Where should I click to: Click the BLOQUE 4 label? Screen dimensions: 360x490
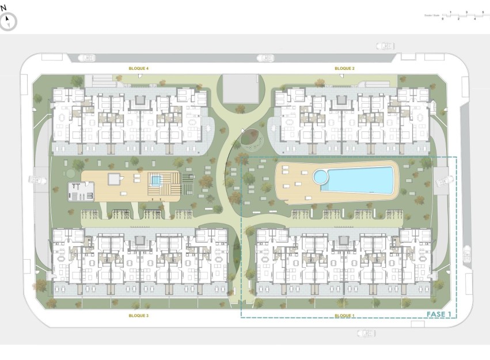(139, 69)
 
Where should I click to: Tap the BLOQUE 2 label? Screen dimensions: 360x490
(344, 69)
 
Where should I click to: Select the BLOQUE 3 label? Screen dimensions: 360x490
(139, 316)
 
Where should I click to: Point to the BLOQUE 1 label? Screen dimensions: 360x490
(344, 316)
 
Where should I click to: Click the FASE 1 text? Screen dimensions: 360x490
(439, 314)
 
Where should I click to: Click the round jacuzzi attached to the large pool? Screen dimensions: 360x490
(320, 176)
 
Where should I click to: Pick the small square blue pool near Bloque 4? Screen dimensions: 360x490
(155, 180)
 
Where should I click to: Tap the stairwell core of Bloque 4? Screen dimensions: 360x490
(140, 101)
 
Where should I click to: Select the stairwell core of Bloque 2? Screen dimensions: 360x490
(342, 101)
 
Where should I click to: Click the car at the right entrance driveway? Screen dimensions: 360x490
(443, 181)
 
